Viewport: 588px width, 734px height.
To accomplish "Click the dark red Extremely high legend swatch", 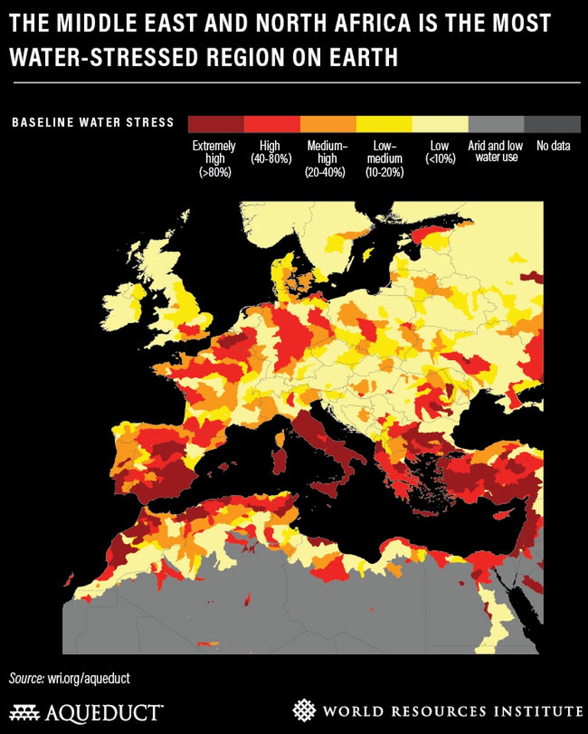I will pyautogui.click(x=216, y=124).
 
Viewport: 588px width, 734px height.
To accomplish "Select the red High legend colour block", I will pyautogui.click(x=272, y=124).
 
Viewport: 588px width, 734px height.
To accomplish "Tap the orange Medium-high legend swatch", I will pyautogui.click(x=328, y=124).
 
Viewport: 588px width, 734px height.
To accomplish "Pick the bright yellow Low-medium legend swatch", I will pyautogui.click(x=384, y=124).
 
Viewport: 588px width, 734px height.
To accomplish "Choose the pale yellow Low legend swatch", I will pyautogui.click(x=440, y=124).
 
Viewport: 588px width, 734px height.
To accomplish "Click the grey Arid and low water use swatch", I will pyautogui.click(x=496, y=124).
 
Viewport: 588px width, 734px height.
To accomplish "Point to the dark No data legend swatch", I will pyautogui.click(x=552, y=124).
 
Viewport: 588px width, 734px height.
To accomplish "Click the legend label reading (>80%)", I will pyautogui.click(x=214, y=172).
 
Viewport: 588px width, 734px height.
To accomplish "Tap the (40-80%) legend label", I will pyautogui.click(x=271, y=159).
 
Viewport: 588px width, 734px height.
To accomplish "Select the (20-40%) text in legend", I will pyautogui.click(x=327, y=172).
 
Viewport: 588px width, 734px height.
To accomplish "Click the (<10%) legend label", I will pyautogui.click(x=439, y=159).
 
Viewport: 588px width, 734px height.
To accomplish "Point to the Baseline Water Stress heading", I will pyautogui.click(x=93, y=123).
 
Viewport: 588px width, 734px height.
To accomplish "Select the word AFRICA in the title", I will pyautogui.click(x=397, y=24).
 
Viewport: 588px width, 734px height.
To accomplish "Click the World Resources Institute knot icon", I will pyautogui.click(x=305, y=709).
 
